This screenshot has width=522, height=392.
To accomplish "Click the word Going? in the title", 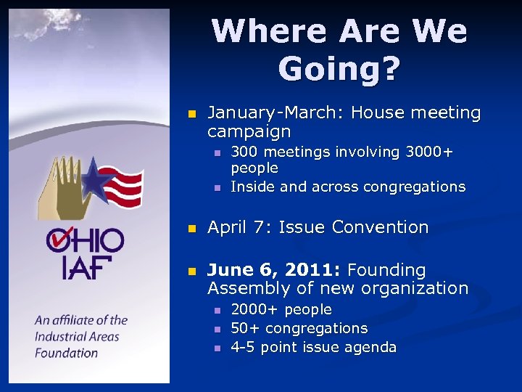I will [339, 69].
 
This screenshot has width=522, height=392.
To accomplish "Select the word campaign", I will [249, 132].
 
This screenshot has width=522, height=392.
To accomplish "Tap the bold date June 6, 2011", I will [274, 270].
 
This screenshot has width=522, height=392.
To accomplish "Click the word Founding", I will [386, 270].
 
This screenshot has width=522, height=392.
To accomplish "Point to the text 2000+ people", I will [281, 310].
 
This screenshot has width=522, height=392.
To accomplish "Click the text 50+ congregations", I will [299, 328].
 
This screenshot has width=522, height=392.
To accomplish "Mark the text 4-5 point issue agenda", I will [313, 347].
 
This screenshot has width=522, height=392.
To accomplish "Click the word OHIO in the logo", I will [85, 240].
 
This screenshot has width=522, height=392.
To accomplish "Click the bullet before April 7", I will [192, 228].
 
